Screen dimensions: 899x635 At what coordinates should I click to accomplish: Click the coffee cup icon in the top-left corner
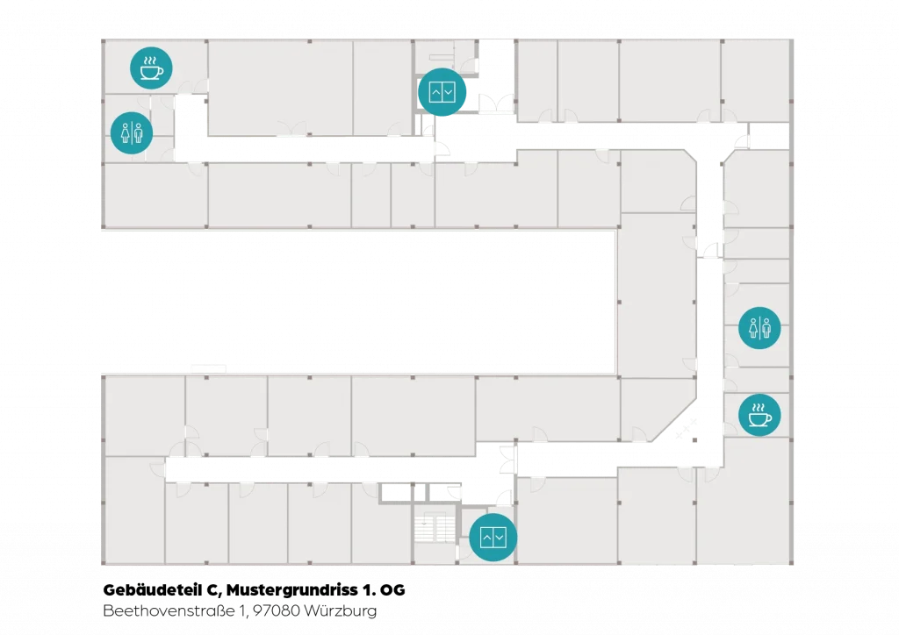click(151, 68)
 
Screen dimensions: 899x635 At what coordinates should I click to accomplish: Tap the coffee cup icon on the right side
click(759, 415)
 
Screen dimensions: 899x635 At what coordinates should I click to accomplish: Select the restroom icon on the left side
click(132, 132)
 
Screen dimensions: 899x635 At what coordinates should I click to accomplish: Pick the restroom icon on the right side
click(759, 328)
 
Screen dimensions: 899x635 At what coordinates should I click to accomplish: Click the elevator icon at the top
click(442, 91)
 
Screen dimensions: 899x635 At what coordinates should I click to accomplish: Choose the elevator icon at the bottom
click(493, 537)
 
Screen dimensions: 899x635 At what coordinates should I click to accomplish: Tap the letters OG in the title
click(392, 589)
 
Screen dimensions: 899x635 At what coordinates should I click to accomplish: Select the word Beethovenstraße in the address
click(169, 610)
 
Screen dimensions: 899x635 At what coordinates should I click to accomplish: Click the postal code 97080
click(277, 610)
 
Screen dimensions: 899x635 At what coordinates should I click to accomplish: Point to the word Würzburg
click(341, 611)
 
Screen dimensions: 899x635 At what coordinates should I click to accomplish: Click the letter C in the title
click(214, 590)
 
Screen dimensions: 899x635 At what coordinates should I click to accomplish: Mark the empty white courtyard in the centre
click(359, 302)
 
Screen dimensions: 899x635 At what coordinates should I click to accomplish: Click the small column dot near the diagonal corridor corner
click(695, 440)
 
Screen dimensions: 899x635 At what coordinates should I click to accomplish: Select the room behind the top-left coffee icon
click(155, 67)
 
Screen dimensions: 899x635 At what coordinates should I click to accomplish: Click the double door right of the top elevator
click(497, 103)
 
